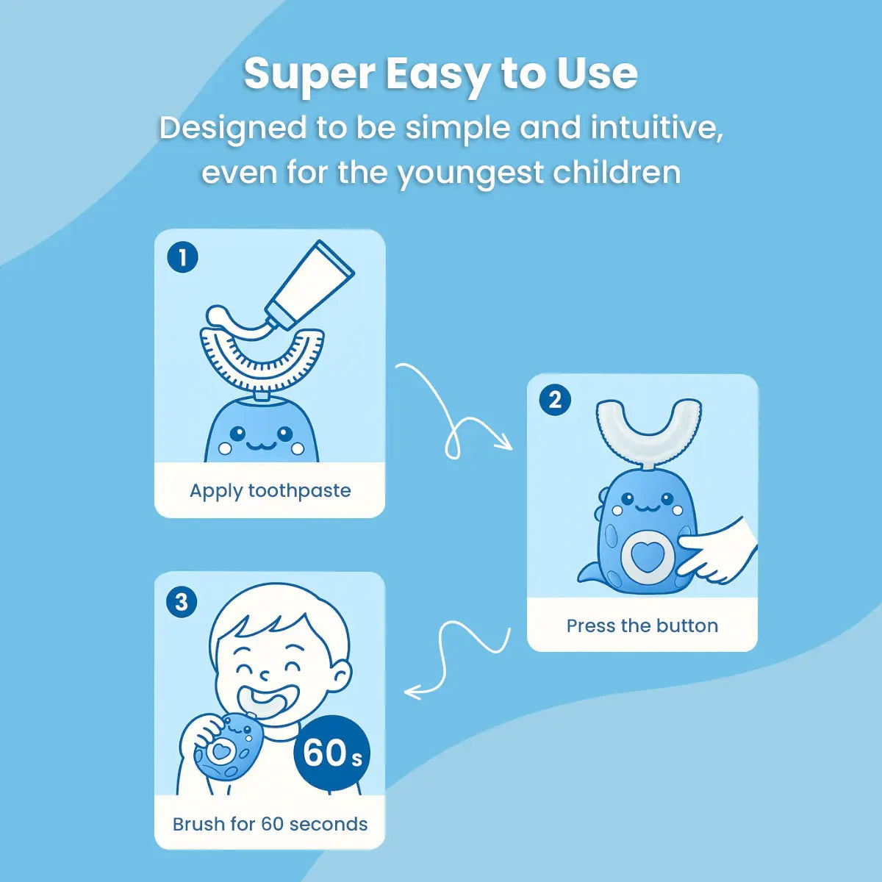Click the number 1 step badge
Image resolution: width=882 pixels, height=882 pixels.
pyautogui.click(x=182, y=257)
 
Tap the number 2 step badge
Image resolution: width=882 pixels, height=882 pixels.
pyautogui.click(x=555, y=401)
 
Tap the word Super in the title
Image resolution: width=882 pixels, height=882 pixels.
pyautogui.click(x=309, y=75)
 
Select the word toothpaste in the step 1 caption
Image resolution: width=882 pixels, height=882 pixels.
pyautogui.click(x=299, y=491)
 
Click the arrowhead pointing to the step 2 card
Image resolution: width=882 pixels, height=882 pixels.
pyautogui.click(x=506, y=444)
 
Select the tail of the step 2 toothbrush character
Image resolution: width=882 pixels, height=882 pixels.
pyautogui.click(x=589, y=574)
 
